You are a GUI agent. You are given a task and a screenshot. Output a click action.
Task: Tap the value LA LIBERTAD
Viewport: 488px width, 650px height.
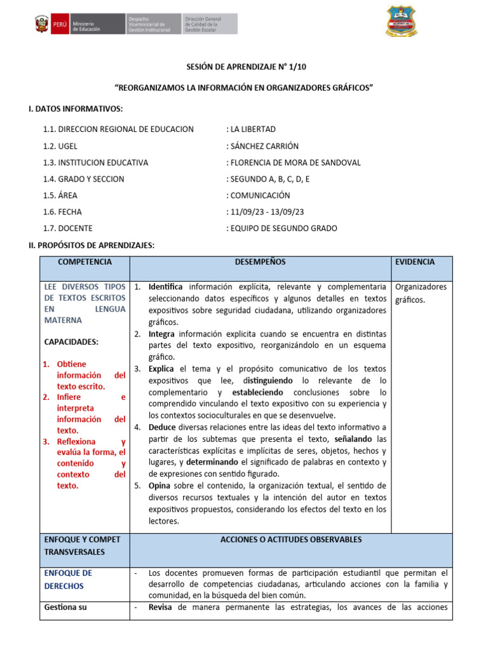coord(251,129)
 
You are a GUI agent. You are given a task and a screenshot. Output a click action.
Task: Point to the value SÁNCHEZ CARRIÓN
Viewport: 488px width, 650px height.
coord(262,146)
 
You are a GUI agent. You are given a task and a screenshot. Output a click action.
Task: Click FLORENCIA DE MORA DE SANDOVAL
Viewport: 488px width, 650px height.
coord(293,162)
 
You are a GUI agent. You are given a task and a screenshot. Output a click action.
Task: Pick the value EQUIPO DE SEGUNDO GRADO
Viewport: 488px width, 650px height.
coord(281,229)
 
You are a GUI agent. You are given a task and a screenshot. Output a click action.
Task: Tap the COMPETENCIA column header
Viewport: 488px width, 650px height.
coord(85,262)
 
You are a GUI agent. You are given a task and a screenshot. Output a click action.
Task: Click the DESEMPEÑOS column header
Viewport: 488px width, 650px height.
coord(260,262)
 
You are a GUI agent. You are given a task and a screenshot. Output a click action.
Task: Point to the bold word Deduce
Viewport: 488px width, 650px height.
coord(162,427)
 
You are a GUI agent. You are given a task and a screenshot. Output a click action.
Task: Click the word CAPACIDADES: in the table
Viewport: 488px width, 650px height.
coord(71,342)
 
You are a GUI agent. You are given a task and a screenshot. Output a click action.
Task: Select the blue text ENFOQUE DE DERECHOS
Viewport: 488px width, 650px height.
coord(68,579)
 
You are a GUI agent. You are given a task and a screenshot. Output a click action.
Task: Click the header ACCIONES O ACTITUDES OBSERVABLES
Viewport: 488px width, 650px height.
coord(290,540)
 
